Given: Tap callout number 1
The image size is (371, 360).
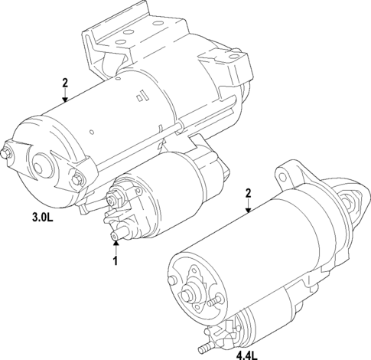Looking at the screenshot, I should [116, 261].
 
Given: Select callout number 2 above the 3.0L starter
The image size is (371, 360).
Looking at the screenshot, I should [65, 82].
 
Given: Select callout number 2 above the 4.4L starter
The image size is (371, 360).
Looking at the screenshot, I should [248, 195].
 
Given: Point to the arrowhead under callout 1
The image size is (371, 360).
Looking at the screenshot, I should [116, 244].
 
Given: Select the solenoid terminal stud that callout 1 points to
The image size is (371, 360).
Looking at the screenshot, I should [117, 234].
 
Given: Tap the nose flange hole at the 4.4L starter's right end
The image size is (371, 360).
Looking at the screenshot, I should [353, 200].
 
